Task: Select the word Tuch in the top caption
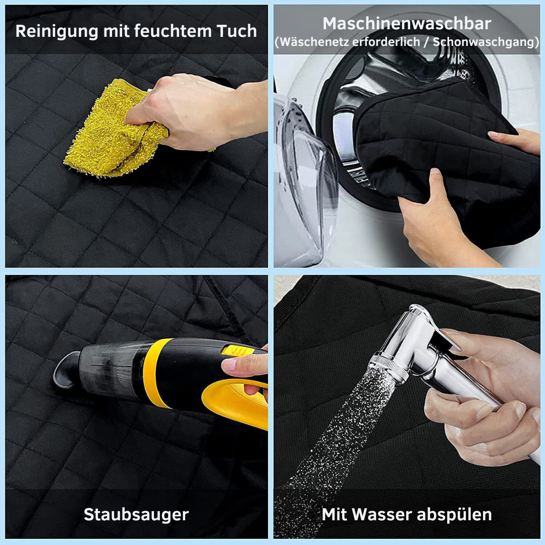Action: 237,31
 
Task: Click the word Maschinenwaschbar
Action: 407,24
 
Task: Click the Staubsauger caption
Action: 136,514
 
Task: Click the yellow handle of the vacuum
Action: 236,403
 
